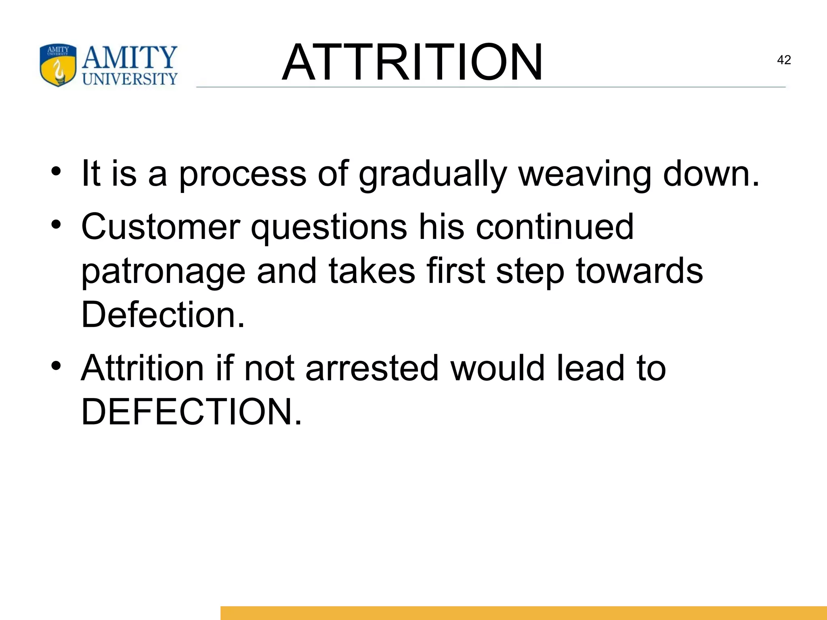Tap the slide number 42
[x=784, y=60]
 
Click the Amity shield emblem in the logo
[x=58, y=65]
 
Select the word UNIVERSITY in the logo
[x=130, y=79]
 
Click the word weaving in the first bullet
[x=585, y=174]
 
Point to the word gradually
[x=432, y=174]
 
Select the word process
[x=242, y=174]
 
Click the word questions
[x=329, y=227]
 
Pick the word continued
[x=554, y=227]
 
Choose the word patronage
[x=164, y=271]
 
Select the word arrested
[x=372, y=368]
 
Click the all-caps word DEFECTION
[x=191, y=412]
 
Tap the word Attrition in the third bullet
[x=143, y=368]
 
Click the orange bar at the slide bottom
[x=523, y=612]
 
